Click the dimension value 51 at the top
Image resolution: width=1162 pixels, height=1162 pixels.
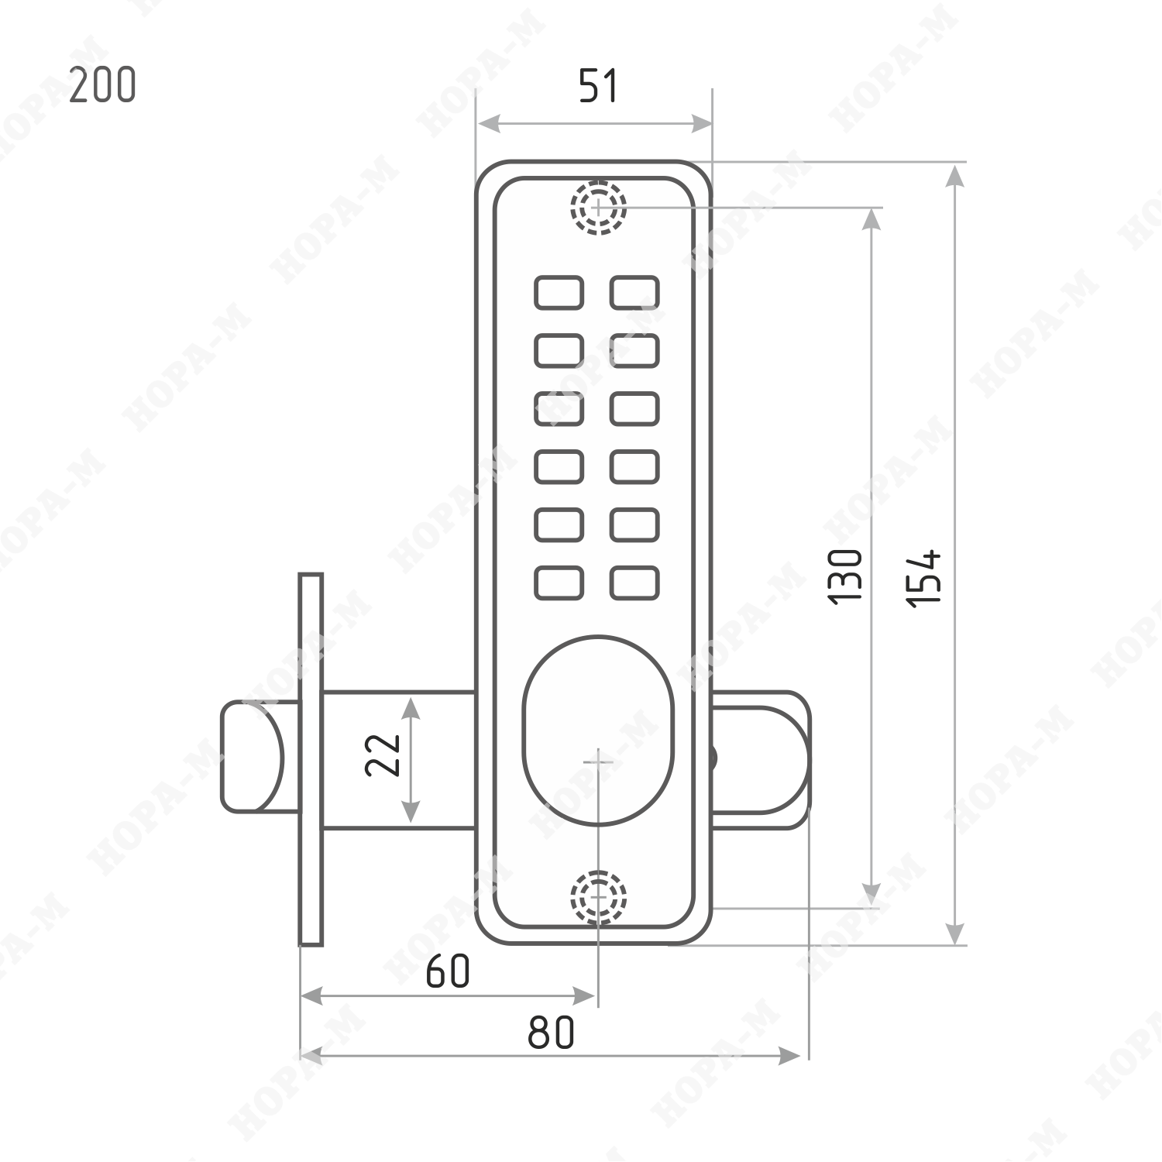point(598,86)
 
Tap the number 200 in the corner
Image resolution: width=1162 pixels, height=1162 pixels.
point(102,85)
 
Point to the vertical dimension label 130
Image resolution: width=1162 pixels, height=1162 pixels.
point(844,576)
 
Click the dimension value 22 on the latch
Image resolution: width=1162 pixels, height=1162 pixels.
point(383,755)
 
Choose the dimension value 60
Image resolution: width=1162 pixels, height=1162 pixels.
point(448,971)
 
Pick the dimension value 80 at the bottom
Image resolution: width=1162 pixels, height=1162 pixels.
point(552,1032)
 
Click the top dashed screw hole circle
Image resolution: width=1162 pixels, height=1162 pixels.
point(598,207)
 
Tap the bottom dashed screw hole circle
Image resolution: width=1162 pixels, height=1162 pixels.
point(598,897)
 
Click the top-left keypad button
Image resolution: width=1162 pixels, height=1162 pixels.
point(559,293)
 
